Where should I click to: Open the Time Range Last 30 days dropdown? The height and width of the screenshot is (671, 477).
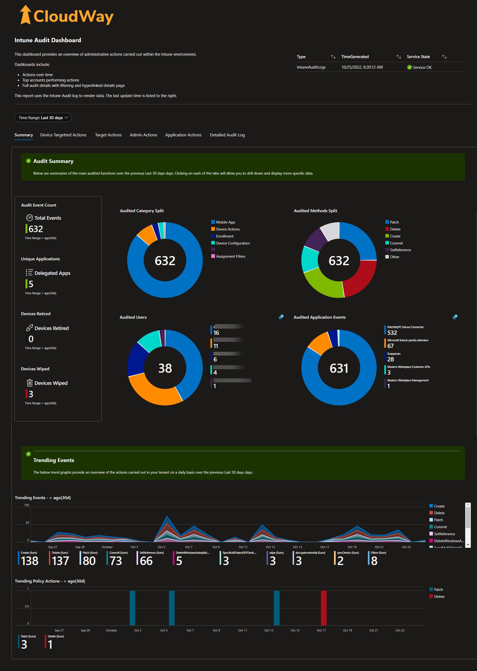tap(43, 118)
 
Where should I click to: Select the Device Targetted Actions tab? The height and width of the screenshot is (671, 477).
tap(63, 135)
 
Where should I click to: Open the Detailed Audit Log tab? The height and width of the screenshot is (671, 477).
tap(227, 135)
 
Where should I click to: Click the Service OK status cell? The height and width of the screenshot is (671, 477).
tap(419, 67)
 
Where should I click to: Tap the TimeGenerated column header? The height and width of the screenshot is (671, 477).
tap(355, 57)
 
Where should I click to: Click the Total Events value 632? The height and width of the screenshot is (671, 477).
tap(35, 229)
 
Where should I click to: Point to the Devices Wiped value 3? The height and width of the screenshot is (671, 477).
tap(31, 394)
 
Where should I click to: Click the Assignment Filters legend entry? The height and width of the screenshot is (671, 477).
tap(231, 256)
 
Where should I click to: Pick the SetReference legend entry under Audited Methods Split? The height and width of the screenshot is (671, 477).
tap(400, 250)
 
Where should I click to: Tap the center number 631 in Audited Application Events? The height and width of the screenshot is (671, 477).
tap(339, 368)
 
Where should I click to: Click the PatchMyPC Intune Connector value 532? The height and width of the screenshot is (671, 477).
tap(392, 333)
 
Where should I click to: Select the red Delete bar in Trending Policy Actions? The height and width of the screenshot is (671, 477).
tap(323, 608)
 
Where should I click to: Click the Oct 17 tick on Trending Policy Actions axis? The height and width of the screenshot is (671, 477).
tap(321, 630)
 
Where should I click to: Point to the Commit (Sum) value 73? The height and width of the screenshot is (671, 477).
tap(116, 561)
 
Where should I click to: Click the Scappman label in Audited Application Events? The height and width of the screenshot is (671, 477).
tap(394, 354)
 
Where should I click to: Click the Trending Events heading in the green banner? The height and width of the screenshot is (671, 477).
tap(53, 460)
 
